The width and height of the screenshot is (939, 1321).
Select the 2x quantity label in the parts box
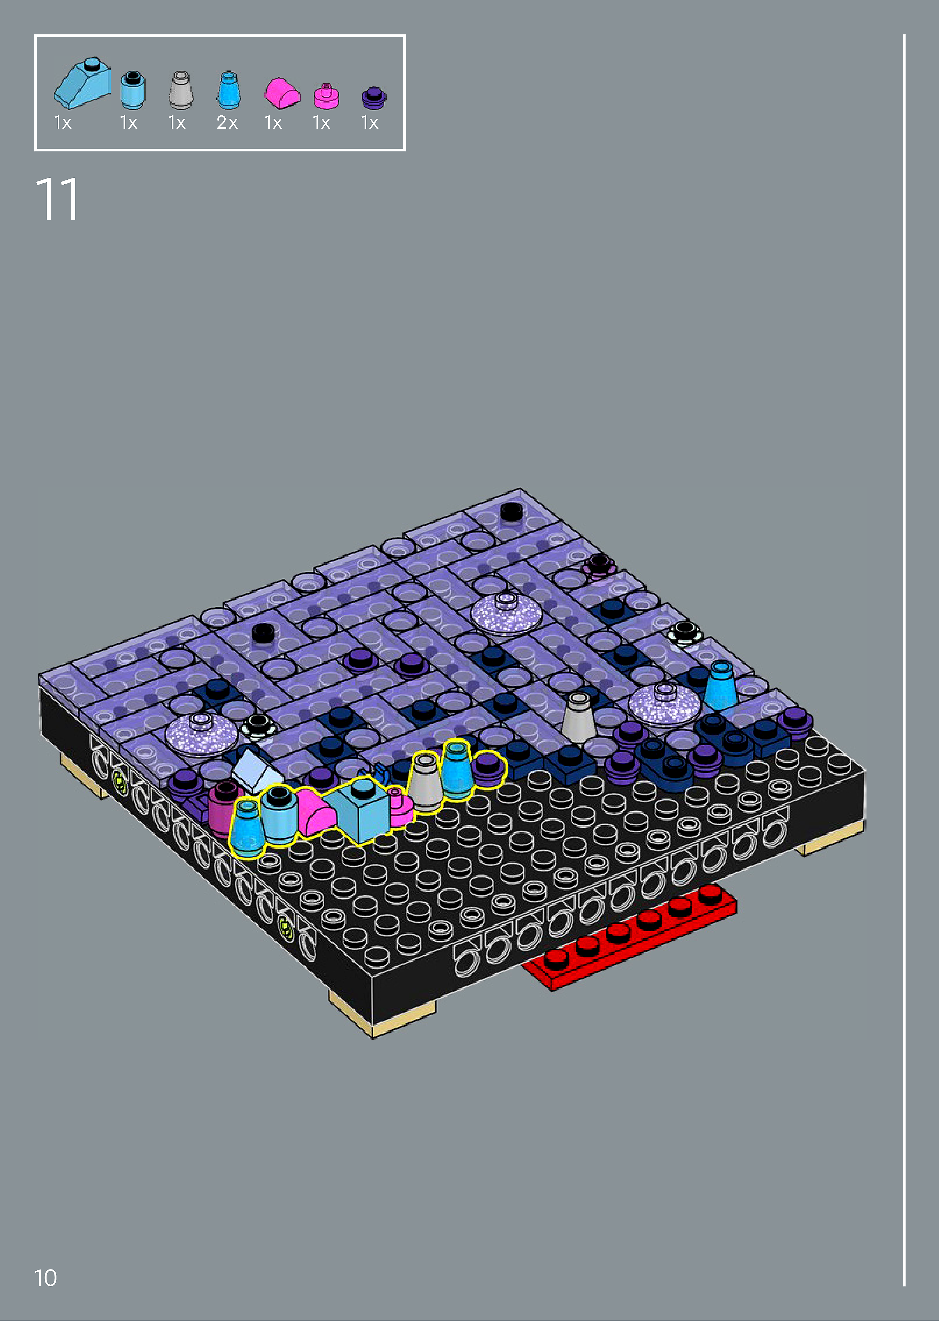(x=227, y=123)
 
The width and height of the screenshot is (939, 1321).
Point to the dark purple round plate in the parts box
(x=374, y=98)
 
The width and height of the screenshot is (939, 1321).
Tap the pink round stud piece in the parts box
(x=327, y=97)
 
